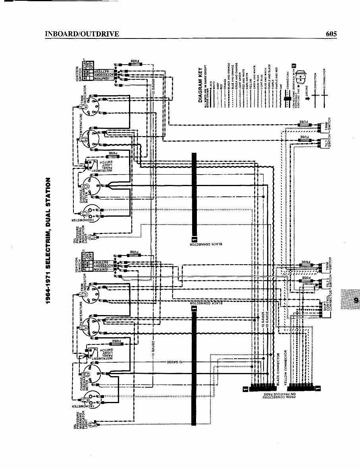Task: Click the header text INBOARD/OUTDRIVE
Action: click(82, 34)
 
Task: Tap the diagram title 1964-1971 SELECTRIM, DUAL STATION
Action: click(48, 240)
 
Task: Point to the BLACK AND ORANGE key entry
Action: click(229, 71)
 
